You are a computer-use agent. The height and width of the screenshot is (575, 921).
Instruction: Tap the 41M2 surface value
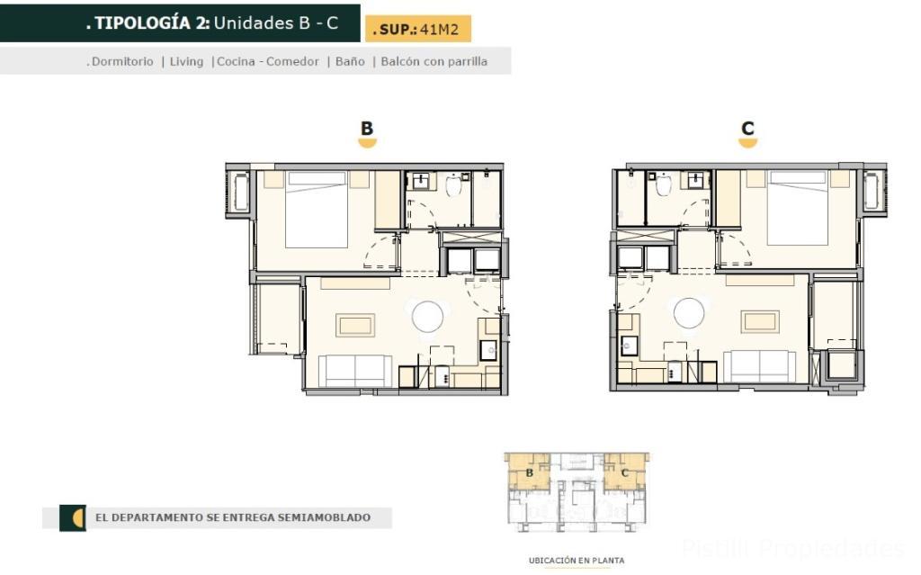439,30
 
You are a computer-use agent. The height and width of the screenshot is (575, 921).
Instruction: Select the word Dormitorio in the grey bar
122,61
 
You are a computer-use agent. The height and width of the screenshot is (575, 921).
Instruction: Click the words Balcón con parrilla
434,61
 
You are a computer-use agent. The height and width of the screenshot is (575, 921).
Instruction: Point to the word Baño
350,61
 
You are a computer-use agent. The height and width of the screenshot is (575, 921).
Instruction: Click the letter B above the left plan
367,128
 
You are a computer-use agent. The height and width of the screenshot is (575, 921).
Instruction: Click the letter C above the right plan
747,128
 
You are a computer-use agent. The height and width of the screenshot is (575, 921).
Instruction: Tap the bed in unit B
317,210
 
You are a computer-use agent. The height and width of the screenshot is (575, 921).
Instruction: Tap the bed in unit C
798,208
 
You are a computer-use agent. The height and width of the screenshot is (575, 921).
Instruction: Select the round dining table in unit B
427,317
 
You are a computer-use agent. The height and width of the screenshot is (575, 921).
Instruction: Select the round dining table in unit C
689,313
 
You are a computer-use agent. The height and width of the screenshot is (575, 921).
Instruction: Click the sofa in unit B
354,371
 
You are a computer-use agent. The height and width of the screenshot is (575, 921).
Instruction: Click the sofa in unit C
759,366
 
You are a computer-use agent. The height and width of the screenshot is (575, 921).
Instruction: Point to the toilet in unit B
453,184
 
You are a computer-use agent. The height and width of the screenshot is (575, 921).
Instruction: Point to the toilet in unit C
664,184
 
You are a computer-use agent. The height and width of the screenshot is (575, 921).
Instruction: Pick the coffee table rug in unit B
355,325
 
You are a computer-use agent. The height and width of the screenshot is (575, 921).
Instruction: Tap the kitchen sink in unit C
629,346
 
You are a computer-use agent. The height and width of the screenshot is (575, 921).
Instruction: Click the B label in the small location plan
529,472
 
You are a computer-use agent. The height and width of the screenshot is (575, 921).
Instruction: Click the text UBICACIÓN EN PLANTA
577,561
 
